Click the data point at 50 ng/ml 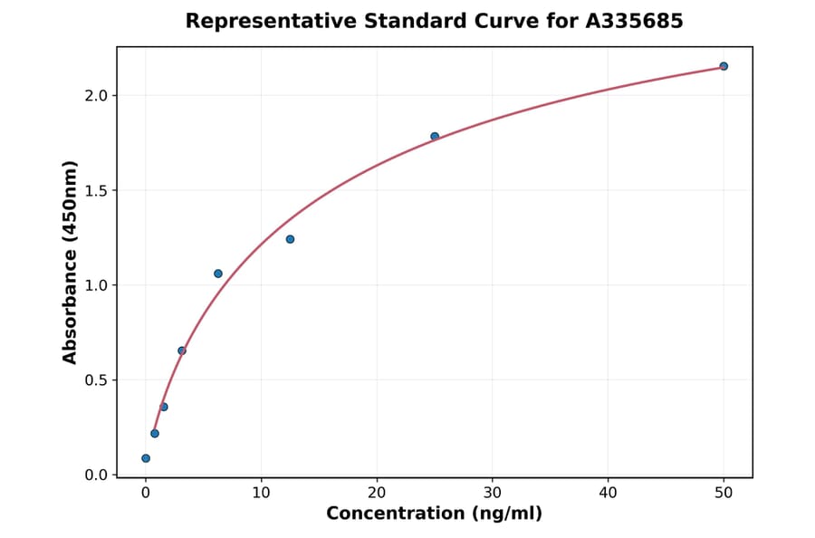(x=724, y=66)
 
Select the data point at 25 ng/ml (x=435, y=137)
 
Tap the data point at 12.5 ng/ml (x=290, y=239)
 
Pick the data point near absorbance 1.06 (x=218, y=274)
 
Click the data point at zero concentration (x=146, y=458)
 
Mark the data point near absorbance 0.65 (x=182, y=351)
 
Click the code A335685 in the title (x=635, y=21)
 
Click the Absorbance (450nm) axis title (x=71, y=262)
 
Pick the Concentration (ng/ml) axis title (x=434, y=514)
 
